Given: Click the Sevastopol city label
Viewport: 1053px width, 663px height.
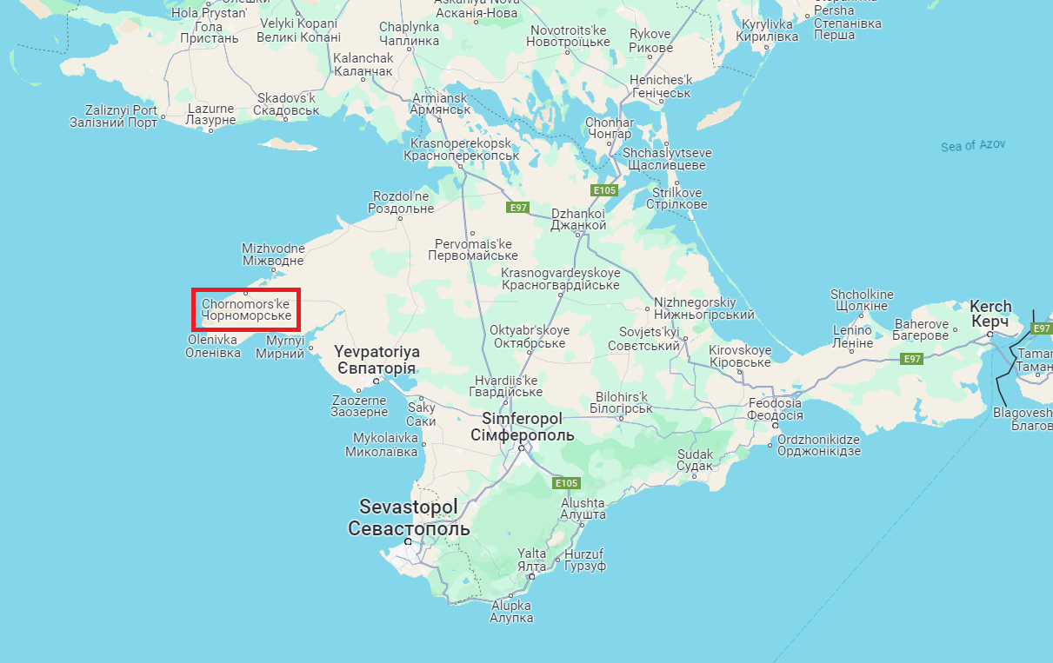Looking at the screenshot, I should (408, 517).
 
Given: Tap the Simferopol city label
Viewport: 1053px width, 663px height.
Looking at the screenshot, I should (522, 427).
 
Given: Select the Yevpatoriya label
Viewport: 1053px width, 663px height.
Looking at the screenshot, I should (377, 361).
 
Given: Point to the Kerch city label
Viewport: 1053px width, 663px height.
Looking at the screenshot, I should (990, 314).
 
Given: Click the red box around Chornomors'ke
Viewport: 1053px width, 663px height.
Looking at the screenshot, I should (246, 309).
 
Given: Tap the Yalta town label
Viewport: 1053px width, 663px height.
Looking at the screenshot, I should (532, 560).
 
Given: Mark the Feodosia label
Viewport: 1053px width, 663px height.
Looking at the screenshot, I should (776, 409).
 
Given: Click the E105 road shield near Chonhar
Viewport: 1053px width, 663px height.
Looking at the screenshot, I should (603, 189).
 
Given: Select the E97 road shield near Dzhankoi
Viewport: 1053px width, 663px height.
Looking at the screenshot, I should (518, 208).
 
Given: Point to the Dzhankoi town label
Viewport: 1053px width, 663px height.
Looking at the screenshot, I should (578, 218).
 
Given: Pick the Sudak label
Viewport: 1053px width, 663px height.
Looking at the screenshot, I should (695, 460).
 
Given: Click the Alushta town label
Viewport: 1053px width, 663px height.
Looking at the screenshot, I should (583, 508).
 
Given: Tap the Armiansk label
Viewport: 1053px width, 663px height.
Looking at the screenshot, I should (441, 103).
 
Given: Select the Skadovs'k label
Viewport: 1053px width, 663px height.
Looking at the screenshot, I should (286, 104).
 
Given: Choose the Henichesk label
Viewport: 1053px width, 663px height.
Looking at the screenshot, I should (660, 86).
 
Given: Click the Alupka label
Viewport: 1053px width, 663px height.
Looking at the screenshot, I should (511, 611).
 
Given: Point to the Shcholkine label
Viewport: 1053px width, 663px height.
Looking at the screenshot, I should (862, 300).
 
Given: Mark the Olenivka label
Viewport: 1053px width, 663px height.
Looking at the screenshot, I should (212, 346).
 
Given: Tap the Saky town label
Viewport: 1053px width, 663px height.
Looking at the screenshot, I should (422, 414).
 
